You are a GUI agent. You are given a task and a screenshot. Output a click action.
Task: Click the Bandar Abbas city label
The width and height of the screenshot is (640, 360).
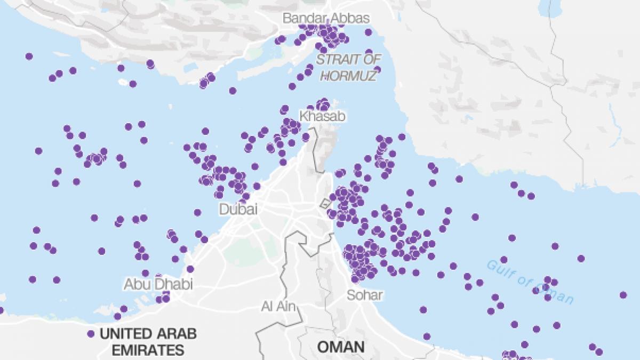[x=325, y=18]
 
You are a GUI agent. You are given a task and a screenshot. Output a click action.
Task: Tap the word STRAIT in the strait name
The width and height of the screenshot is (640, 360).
[x=334, y=59]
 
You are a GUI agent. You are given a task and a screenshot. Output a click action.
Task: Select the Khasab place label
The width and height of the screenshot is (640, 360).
[x=323, y=116]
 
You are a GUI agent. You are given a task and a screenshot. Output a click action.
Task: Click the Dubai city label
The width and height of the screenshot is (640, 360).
[x=238, y=209]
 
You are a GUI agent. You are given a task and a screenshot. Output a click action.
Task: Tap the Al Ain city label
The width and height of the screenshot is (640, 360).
[x=279, y=306]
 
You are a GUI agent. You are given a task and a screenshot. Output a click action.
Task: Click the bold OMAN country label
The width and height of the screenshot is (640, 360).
[x=341, y=347]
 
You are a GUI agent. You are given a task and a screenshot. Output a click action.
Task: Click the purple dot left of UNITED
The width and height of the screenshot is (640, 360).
[x=91, y=334]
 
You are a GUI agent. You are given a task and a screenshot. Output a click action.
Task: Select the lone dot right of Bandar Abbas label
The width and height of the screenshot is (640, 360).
[x=368, y=33]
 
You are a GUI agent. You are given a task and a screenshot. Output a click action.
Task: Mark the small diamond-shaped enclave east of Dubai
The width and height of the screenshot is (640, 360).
[x=324, y=203]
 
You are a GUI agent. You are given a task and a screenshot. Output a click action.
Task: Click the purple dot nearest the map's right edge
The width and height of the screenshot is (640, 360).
[x=623, y=295]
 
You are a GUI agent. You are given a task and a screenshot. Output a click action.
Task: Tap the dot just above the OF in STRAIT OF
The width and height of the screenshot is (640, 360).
[x=369, y=52]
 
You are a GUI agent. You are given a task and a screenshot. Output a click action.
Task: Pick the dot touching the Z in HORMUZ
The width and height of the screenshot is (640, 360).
[x=377, y=69]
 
